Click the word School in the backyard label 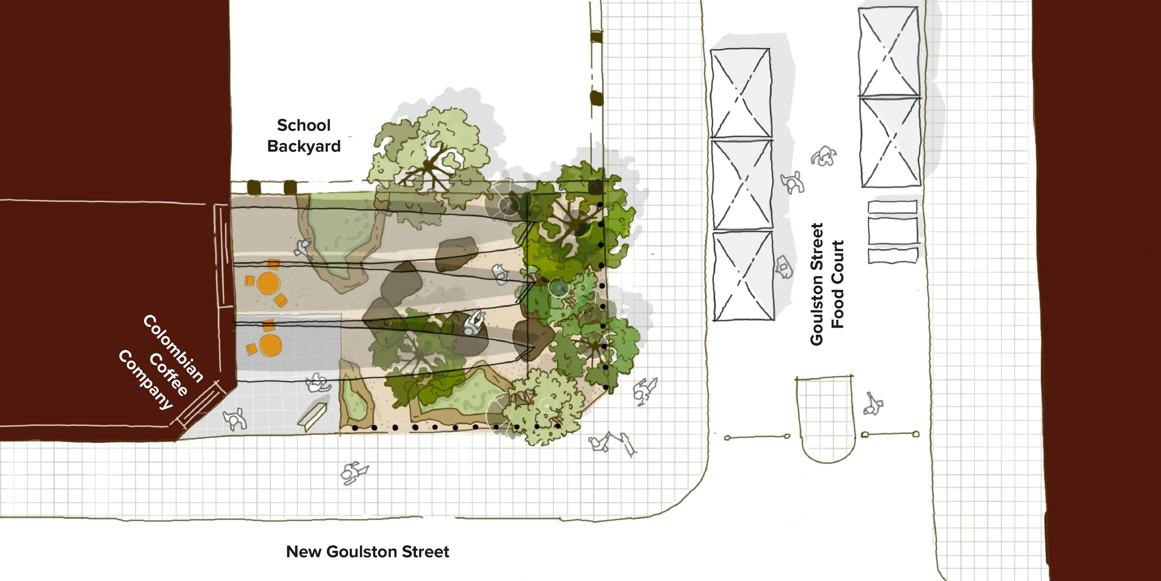click(x=304, y=125)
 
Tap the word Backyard click(x=304, y=146)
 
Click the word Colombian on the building click(x=173, y=348)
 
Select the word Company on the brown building click(x=145, y=380)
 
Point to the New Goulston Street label click(x=367, y=552)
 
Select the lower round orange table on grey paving click(x=270, y=345)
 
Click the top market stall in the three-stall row click(x=741, y=93)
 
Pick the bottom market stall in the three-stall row click(x=744, y=276)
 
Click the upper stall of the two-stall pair click(x=888, y=52)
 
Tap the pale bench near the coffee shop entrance click(x=312, y=417)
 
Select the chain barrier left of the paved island click(x=757, y=437)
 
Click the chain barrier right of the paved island click(x=890, y=435)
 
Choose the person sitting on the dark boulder click(x=474, y=322)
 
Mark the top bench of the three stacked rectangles click(x=892, y=207)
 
